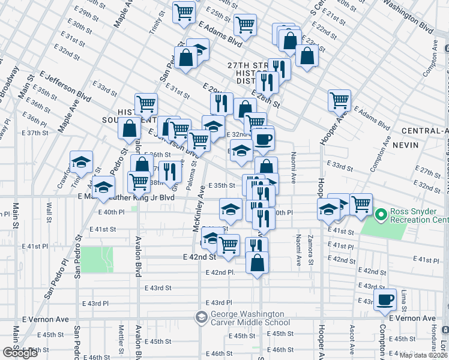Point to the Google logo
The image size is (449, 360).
pyautogui.click(x=20, y=353)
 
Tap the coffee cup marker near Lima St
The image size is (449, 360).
pyautogui.click(x=385, y=299)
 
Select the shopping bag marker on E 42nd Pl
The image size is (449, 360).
pyautogui.click(x=257, y=263)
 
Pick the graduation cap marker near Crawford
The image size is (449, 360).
pyautogui.click(x=81, y=162)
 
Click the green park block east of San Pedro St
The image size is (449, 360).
pyautogui.click(x=97, y=259)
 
